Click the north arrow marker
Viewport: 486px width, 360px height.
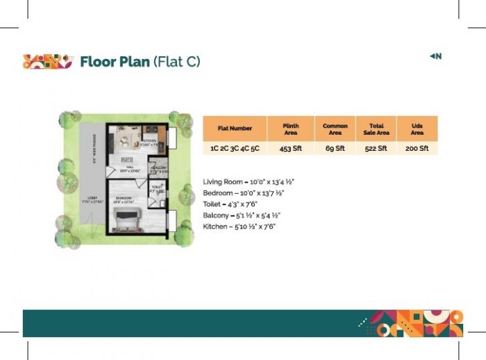pyautogui.click(x=436, y=56)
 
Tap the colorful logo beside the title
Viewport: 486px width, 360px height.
pyautogui.click(x=47, y=62)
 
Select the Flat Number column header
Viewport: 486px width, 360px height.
pyautogui.click(x=235, y=128)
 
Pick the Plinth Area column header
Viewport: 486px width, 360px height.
pyautogui.click(x=291, y=129)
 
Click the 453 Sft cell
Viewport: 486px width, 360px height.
pyautogui.click(x=291, y=149)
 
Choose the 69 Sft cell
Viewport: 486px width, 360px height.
pyautogui.click(x=335, y=149)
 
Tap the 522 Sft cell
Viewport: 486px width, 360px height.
pyautogui.click(x=376, y=149)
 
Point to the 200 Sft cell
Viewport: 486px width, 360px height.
pyautogui.click(x=417, y=149)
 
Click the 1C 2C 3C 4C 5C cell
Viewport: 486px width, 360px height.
pyautogui.click(x=235, y=149)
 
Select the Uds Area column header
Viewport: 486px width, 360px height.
pyautogui.click(x=417, y=129)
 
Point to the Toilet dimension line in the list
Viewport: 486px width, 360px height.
pyautogui.click(x=231, y=204)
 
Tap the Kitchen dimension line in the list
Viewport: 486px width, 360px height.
pyautogui.click(x=239, y=227)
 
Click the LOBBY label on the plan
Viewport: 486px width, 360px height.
pyautogui.click(x=92, y=199)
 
